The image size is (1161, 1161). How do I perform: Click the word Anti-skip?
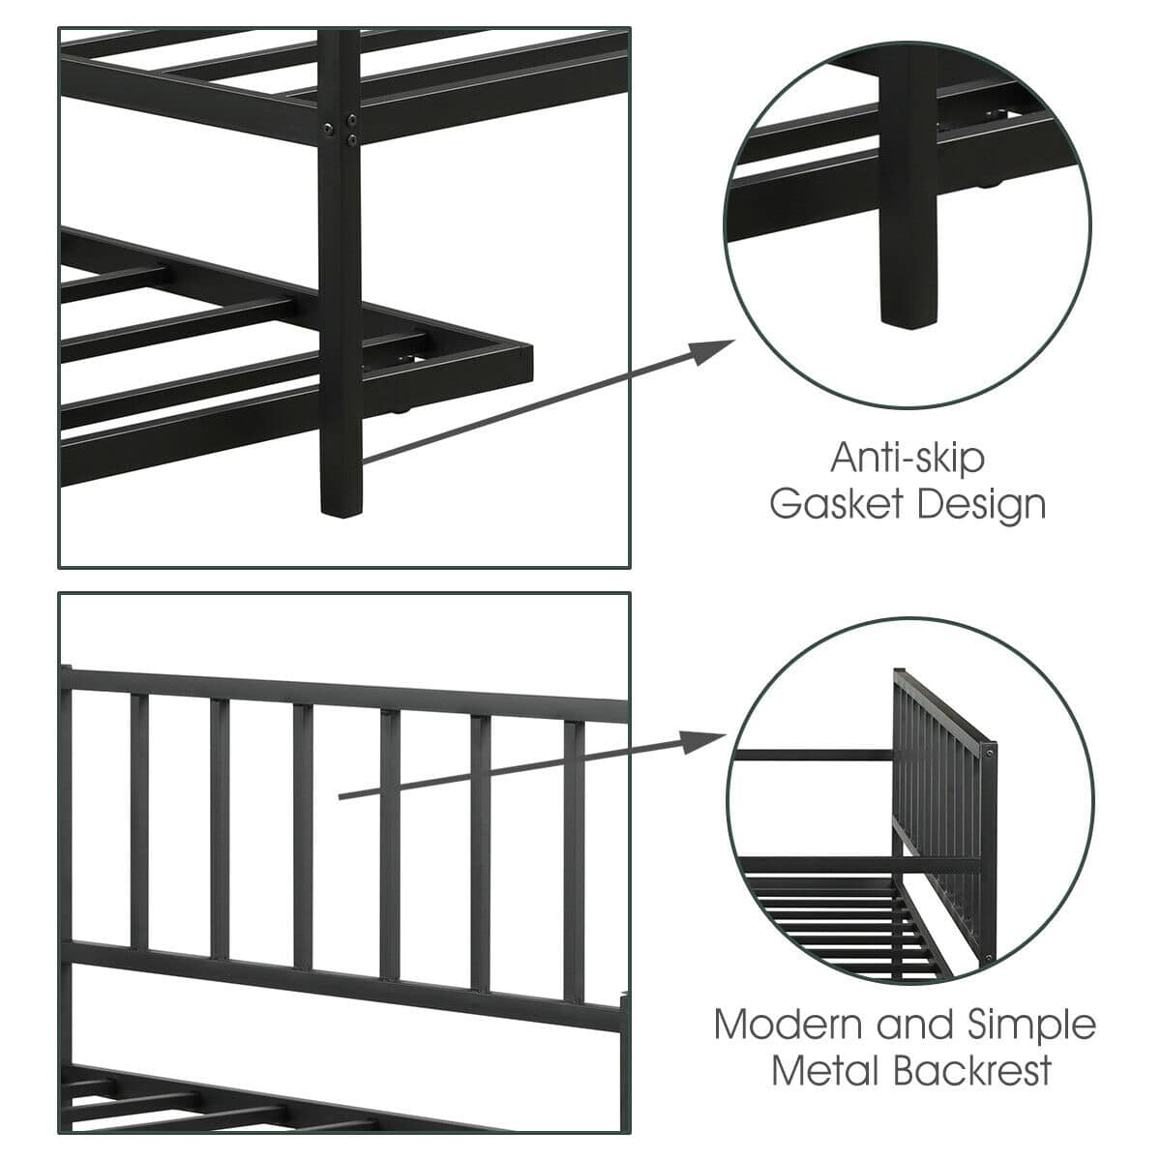(908, 458)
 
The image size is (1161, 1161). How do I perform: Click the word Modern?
(789, 1024)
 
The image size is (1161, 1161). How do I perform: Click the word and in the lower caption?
(916, 1024)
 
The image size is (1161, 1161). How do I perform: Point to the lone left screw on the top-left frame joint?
(328, 128)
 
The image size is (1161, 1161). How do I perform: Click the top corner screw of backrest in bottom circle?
(990, 753)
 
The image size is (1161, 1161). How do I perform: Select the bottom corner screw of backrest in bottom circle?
(988, 957)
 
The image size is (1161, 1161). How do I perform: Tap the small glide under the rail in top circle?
(986, 186)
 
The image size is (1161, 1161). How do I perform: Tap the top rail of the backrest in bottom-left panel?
(344, 689)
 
